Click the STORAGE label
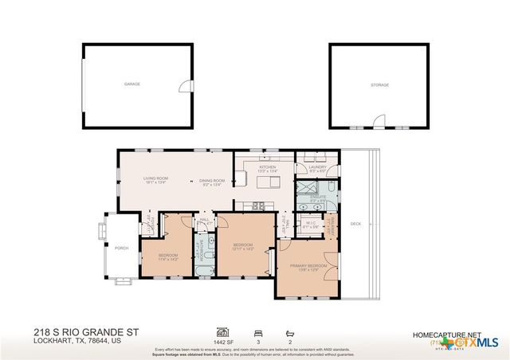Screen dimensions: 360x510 point(379,84)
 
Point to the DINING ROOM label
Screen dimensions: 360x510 point(212,181)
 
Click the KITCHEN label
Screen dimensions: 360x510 point(267,167)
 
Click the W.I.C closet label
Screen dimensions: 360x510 point(311,224)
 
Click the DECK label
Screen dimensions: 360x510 point(355,224)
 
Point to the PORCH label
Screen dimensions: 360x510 point(121,247)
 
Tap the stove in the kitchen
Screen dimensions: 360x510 point(258,206)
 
